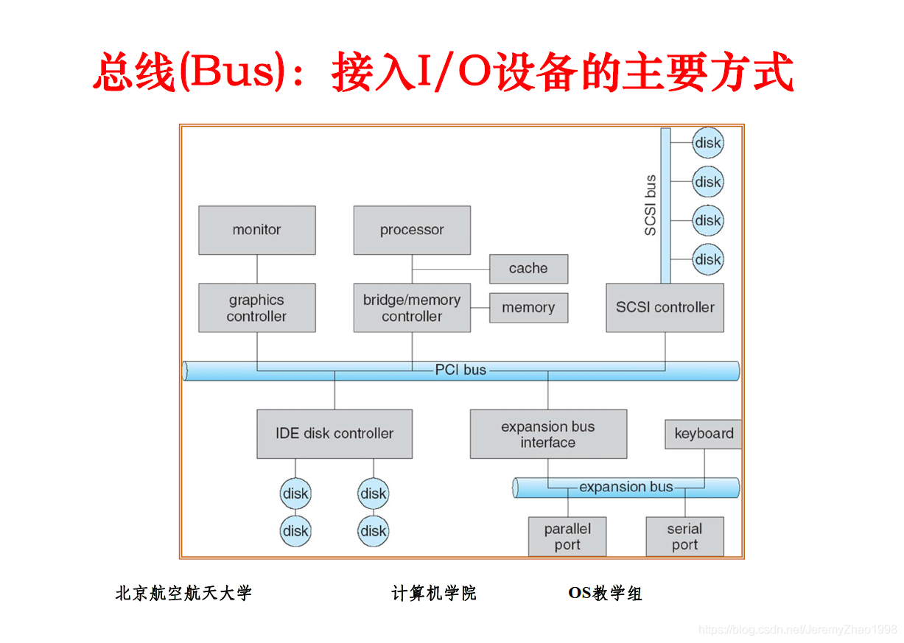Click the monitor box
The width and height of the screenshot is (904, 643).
257,231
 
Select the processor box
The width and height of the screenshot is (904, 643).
412,231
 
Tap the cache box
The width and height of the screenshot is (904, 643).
529,269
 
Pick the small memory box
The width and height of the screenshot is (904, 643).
529,308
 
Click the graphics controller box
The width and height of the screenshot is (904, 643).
257,308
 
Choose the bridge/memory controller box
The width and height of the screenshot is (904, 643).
412,308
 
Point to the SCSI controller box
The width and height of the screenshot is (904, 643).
665,308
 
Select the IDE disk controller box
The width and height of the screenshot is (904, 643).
334,434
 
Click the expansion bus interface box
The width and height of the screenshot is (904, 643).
548,434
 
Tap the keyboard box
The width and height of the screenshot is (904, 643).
704,434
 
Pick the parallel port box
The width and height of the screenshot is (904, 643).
567,536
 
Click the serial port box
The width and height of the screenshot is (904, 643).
685,536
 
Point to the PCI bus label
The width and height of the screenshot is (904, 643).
460,370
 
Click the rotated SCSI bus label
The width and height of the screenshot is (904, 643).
650,205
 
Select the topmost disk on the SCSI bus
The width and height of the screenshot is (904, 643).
708,143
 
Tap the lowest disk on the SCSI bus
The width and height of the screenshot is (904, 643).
708,259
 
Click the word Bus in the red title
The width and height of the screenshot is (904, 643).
231,71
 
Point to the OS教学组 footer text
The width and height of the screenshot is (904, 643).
605,594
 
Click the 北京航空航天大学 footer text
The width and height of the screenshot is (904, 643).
183,594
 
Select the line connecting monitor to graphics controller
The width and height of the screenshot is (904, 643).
257,269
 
